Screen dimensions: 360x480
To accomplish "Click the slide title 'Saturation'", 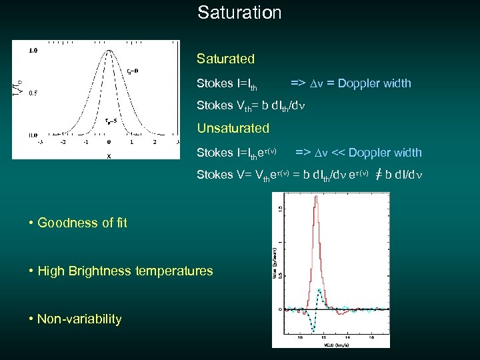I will coord(239,12).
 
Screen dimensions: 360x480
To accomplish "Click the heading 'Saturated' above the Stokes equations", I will coord(225,59).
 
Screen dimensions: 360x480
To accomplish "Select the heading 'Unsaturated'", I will coord(233,128).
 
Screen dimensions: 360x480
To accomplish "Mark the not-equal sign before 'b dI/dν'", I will coord(378,175).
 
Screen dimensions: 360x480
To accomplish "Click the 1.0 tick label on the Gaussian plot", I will coord(33,50).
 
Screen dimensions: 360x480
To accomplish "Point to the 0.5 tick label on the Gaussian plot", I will coord(33,92).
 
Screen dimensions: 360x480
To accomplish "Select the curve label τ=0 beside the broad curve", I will coord(132,71).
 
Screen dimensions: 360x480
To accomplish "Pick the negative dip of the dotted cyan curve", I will coord(313,329).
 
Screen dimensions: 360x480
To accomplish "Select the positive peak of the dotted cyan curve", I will coord(321,291).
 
